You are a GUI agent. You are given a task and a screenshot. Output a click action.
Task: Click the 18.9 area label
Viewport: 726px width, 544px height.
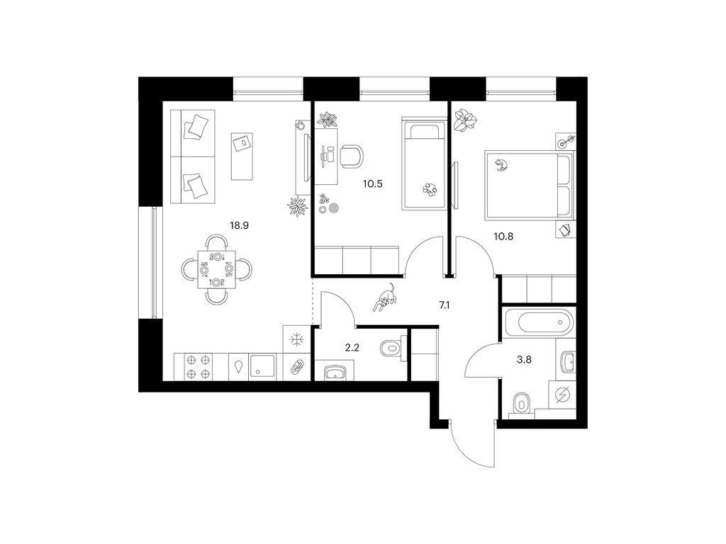coord(240,225)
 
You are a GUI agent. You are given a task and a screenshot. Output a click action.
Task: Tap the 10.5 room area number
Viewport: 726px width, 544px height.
coord(373,183)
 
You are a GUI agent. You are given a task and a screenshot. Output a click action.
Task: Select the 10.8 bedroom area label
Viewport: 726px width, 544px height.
coord(503,237)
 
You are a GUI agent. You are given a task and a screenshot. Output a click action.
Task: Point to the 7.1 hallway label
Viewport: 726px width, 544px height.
coord(445,305)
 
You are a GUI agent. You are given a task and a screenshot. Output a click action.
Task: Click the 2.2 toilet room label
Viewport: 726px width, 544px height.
coord(352,348)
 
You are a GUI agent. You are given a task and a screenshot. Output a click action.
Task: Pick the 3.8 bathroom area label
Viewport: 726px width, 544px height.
coord(524,359)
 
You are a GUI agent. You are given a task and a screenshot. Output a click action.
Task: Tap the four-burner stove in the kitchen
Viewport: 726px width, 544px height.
coord(199,367)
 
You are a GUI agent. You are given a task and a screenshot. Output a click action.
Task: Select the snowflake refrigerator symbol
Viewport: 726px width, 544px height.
coord(296,340)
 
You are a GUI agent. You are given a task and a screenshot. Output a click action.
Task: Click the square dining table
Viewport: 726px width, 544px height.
coord(216,270)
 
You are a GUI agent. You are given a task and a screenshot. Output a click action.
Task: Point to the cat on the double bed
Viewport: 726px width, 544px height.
coord(500,164)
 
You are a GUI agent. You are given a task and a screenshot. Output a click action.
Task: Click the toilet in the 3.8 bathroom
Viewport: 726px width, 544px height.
coord(522,404)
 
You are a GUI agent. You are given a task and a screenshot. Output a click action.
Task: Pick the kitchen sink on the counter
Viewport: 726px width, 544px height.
coord(264,367)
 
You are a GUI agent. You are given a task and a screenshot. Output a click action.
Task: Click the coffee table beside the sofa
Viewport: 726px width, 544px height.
coord(242,157)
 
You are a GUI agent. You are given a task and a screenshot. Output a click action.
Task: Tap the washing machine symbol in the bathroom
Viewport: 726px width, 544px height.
coord(562,395)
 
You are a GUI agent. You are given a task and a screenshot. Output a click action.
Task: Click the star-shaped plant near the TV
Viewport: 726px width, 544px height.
coord(297,206)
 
